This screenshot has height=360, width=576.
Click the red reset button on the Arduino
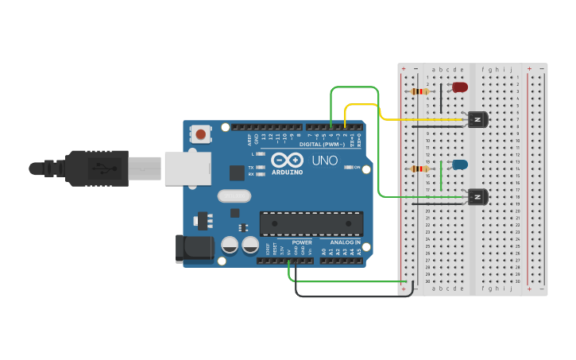coord(200,134)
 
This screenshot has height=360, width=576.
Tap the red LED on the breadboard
coord(460,87)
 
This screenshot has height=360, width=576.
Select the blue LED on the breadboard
coord(460,165)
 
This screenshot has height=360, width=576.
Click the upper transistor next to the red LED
coord(477,119)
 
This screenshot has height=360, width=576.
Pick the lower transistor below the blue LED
coord(477,196)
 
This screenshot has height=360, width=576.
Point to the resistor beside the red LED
coord(419,91)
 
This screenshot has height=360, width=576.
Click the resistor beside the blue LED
coord(419,168)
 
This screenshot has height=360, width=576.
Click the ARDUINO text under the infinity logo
coord(288,172)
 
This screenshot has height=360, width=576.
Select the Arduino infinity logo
coord(287,160)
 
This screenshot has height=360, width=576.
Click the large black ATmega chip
coord(311,224)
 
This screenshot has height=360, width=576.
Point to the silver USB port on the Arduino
coord(187,168)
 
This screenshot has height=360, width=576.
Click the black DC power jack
coord(194,249)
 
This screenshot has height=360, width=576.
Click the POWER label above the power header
coord(301,242)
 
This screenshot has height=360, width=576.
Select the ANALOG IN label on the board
coord(345,242)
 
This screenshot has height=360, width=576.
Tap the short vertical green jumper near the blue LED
coord(441,175)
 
